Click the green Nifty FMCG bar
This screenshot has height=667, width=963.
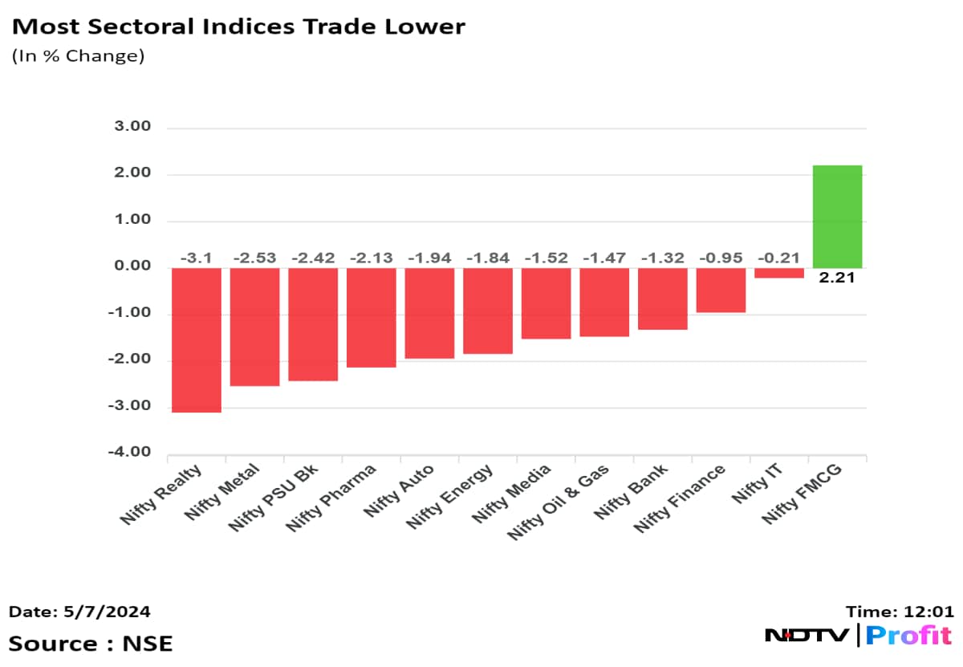[x=837, y=217]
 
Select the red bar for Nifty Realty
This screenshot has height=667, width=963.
[x=197, y=340]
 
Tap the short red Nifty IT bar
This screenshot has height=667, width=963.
[x=778, y=273]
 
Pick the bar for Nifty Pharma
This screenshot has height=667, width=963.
[x=372, y=317]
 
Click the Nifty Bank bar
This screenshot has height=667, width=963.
[x=662, y=299]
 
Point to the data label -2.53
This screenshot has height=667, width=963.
[x=254, y=258]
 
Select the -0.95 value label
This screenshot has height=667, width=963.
[x=721, y=258]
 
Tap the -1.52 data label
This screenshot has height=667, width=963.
[x=546, y=258]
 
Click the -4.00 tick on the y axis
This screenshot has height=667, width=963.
[x=131, y=452]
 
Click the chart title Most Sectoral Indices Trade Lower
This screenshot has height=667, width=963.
[x=238, y=26]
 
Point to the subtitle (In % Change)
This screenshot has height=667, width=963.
[x=77, y=57]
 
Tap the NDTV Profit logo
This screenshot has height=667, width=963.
[x=858, y=636]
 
